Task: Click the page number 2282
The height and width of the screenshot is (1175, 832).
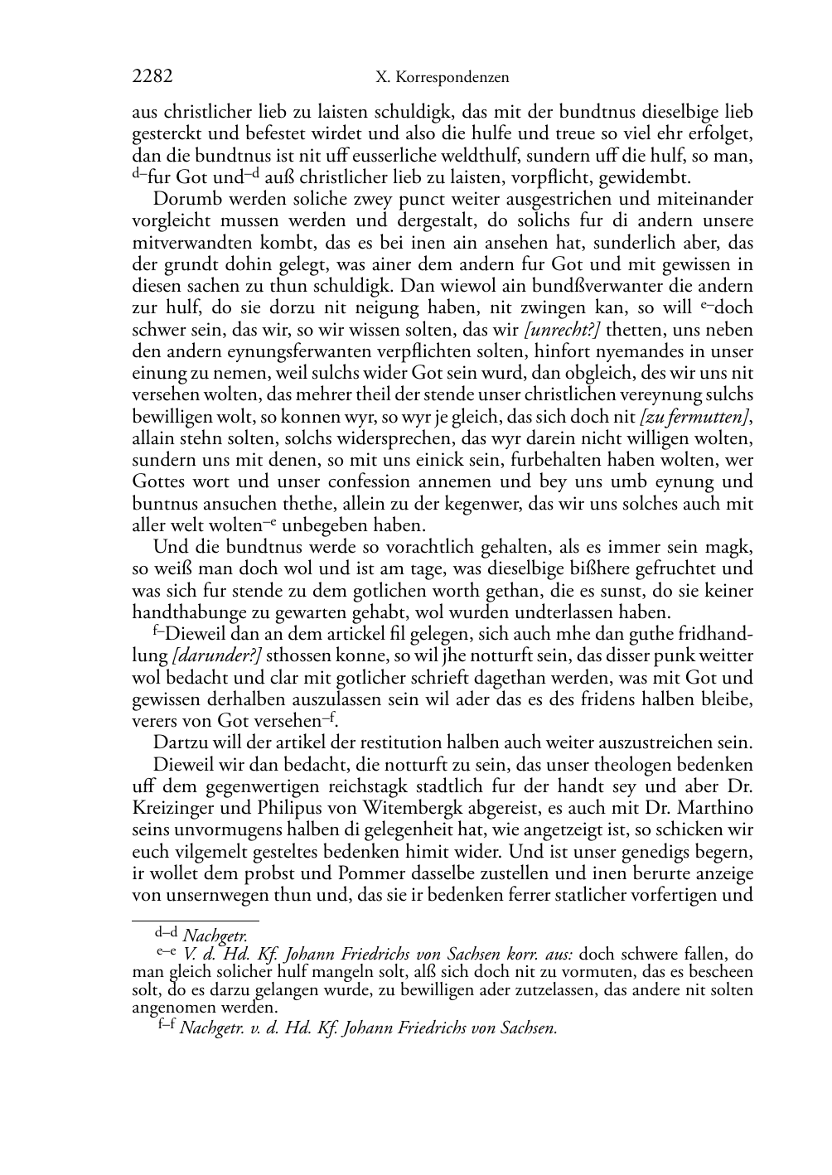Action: [x=152, y=77]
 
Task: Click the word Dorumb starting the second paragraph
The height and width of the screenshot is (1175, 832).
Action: [x=181, y=200]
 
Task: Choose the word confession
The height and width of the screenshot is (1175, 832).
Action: [x=336, y=482]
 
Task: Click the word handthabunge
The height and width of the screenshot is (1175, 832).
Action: [x=185, y=612]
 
